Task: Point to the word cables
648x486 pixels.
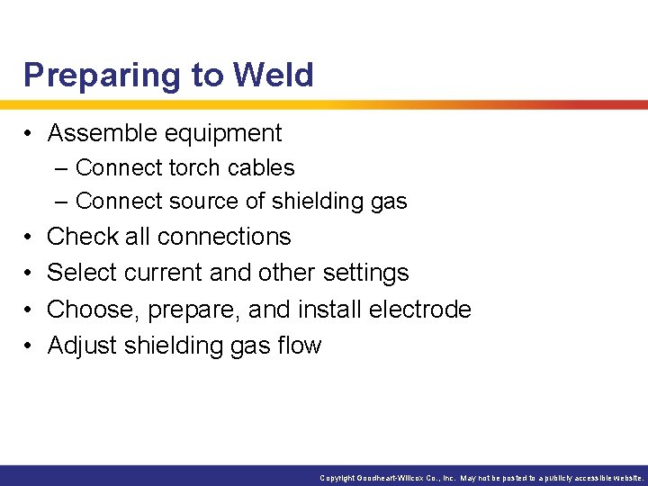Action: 263,168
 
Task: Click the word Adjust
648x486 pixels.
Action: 81,346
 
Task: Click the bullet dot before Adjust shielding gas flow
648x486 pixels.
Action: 30,346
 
